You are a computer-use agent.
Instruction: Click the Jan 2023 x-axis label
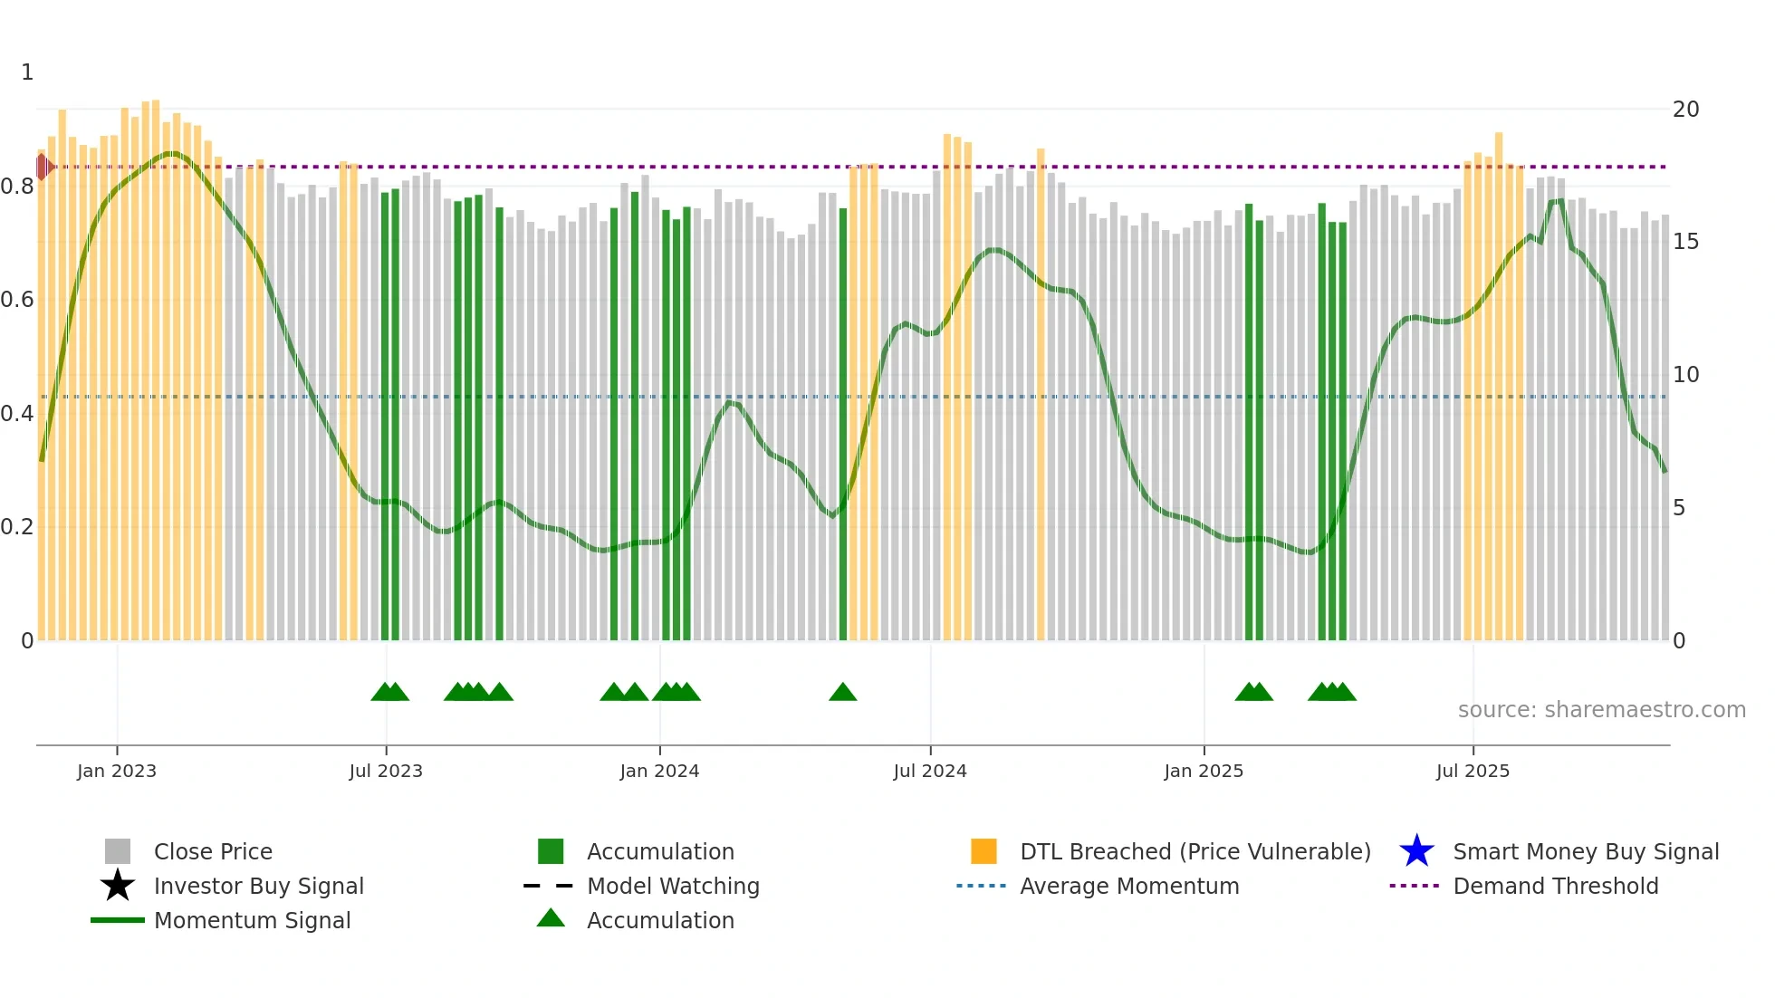(117, 771)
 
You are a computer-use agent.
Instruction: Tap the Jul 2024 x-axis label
(930, 771)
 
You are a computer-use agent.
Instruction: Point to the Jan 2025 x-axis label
(1204, 771)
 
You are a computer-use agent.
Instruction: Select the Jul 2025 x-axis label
(1473, 771)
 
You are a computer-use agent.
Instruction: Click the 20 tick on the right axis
(1685, 110)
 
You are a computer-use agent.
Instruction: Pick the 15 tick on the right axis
(1685, 242)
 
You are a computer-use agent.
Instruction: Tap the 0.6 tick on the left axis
(17, 300)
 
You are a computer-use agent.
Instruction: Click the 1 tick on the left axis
(27, 72)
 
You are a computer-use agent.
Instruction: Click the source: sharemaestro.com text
(1601, 710)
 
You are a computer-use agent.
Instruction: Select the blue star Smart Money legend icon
(1416, 851)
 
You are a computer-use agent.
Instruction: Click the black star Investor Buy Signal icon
(118, 886)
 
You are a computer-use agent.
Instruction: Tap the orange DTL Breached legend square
(983, 851)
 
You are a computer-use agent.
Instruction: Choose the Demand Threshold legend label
(1555, 886)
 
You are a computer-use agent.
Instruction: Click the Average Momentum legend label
(1129, 886)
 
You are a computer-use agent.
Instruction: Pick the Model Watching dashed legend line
(549, 886)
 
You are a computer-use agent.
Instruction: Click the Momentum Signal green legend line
(118, 920)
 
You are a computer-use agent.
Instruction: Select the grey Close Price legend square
(118, 851)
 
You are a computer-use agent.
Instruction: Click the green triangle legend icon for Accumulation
(551, 918)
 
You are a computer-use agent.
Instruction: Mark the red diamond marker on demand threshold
(43, 167)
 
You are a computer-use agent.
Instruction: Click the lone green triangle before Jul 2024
(842, 693)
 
